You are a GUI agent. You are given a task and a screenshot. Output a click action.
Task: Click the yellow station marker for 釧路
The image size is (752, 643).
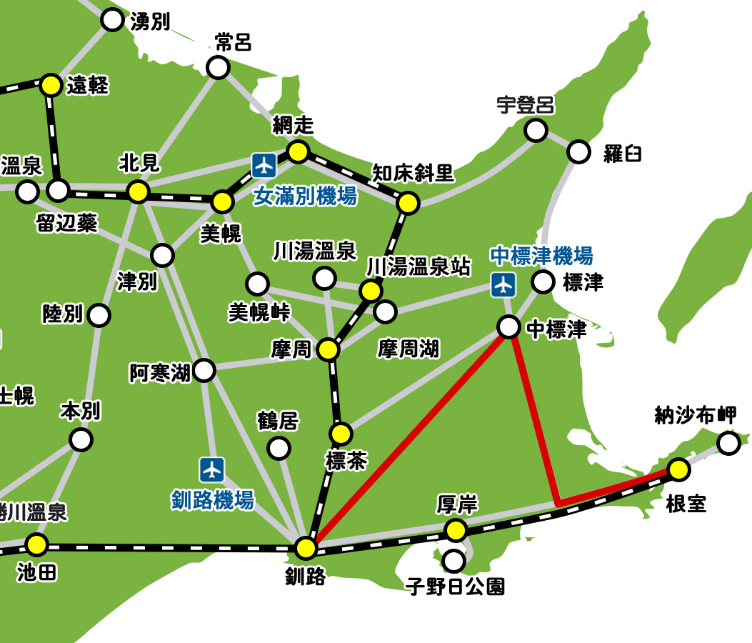click(306, 548)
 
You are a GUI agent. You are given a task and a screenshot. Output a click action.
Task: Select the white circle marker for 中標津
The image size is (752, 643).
click(508, 327)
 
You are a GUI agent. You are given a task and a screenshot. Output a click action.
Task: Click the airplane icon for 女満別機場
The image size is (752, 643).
click(264, 166)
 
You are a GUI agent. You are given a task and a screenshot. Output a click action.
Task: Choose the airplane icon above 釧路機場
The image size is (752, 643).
click(212, 469)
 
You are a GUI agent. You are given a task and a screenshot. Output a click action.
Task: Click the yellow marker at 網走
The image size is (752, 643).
click(298, 151)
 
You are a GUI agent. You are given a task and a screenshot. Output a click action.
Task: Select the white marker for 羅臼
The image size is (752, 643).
click(579, 151)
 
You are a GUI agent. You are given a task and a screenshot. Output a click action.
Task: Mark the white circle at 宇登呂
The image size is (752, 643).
click(536, 131)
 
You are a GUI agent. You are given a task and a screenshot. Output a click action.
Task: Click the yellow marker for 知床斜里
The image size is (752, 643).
click(408, 204)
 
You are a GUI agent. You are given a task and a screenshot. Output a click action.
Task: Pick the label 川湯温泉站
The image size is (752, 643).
click(418, 267)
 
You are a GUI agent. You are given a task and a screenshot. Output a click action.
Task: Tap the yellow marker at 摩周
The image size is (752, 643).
click(328, 349)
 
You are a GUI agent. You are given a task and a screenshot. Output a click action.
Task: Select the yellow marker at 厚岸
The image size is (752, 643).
click(456, 530)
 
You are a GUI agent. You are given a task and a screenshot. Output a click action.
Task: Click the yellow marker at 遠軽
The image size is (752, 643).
click(51, 85)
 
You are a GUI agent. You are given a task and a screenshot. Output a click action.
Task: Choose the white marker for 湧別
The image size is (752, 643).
click(113, 20)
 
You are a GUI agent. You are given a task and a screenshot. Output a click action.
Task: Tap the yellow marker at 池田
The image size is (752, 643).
click(37, 545)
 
